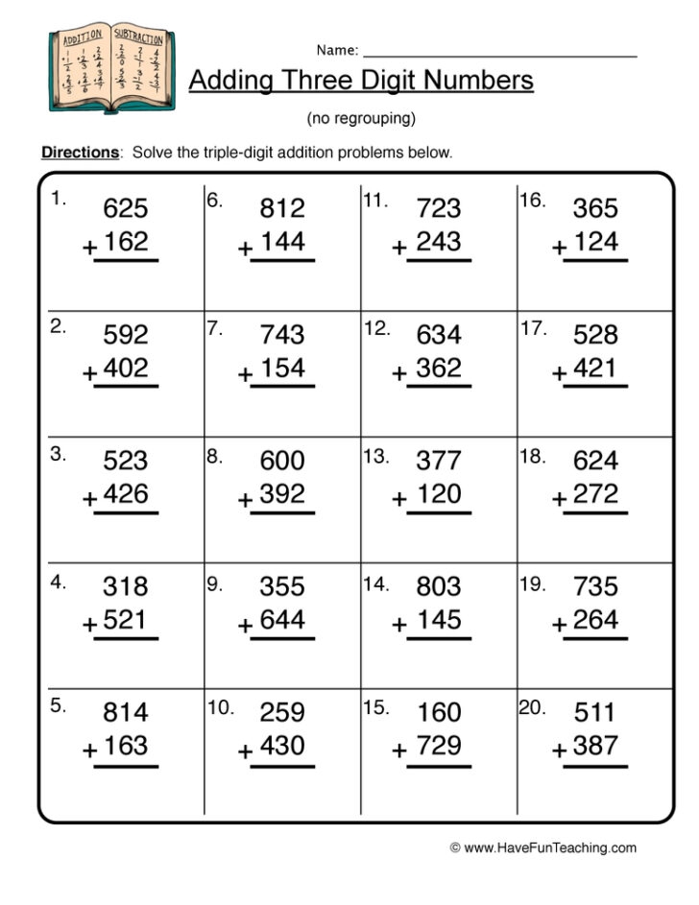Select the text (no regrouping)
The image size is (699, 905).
coord(360,119)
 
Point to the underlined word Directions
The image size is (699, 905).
coord(81,153)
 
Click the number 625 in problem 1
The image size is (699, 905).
coord(126,208)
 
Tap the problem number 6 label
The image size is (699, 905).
coord(214,201)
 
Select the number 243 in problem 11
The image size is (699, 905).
coord(439,242)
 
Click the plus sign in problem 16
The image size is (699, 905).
coord(560,248)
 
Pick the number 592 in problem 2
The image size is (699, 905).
coord(126,335)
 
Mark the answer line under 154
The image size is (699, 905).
coord(282,387)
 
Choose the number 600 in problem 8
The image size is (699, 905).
coord(282,461)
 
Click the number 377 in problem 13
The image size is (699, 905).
coord(439,461)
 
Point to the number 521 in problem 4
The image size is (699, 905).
coord(126,620)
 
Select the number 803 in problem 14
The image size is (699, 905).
coord(439,586)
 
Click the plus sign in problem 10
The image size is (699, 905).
coord(246,751)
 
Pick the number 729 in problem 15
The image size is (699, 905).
coord(439,746)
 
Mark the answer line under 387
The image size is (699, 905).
coord(595,766)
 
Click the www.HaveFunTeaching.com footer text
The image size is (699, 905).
coord(542,848)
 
